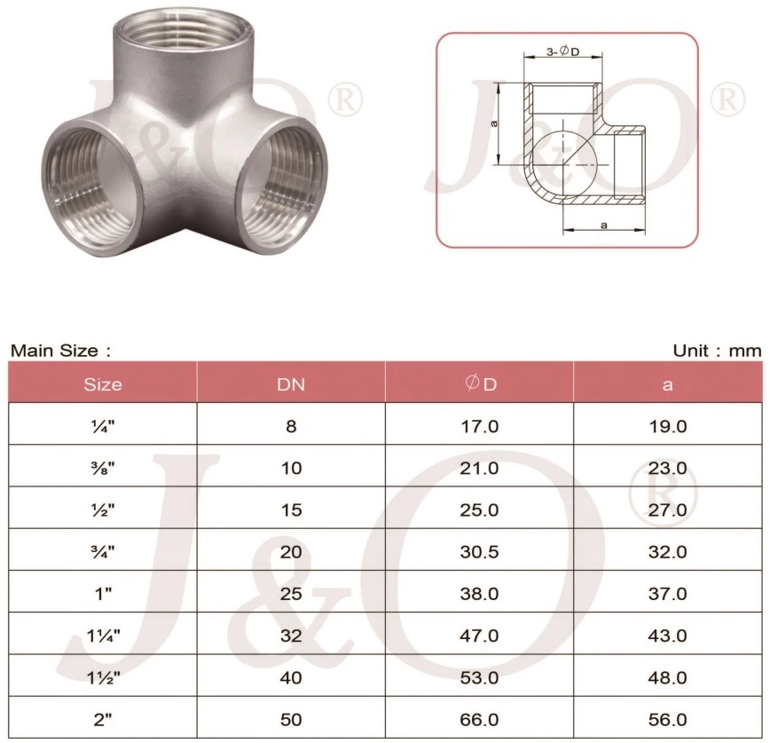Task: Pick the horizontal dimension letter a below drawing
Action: point(603,225)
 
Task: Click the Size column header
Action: point(103,384)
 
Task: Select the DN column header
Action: point(291,384)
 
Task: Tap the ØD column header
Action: point(480,384)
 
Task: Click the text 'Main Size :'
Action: point(60,351)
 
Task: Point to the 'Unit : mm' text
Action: point(717,351)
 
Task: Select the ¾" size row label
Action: point(103,552)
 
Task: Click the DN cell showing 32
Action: point(291,636)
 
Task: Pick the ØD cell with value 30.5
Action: point(480,552)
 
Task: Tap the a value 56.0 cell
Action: point(668,720)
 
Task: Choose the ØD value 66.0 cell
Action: point(480,720)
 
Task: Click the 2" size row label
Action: point(103,720)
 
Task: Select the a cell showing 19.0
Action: point(668,426)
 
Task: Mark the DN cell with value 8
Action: point(291,426)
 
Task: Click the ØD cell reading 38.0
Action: point(480,594)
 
